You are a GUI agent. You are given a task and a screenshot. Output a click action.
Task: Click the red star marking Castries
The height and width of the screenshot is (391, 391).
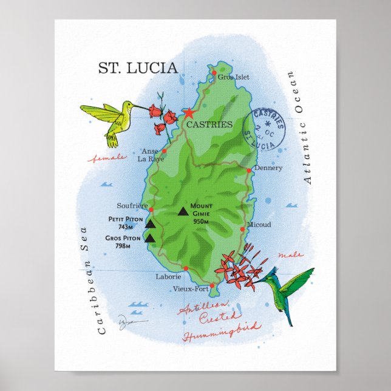(x=188, y=113)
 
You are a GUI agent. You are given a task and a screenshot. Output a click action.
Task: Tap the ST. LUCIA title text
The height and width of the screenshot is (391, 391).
(x=138, y=67)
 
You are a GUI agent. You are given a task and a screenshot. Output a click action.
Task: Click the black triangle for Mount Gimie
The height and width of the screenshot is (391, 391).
(x=183, y=212)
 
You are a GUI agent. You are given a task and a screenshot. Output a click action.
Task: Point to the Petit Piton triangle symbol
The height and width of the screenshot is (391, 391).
(x=151, y=224)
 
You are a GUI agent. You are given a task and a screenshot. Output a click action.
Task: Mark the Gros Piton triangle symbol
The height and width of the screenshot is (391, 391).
(x=151, y=239)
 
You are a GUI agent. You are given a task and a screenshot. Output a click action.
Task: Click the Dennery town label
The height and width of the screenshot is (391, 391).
(x=268, y=168)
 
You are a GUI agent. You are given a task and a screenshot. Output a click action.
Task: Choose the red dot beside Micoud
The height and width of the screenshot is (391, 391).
(x=242, y=229)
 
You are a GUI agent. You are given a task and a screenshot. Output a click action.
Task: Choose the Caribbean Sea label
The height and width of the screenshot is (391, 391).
(x=92, y=280)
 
